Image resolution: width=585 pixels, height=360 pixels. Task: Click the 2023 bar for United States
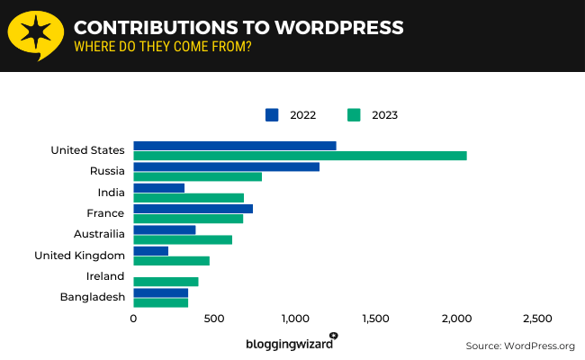coord(300,156)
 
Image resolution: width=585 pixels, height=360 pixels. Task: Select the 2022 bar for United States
coord(234,146)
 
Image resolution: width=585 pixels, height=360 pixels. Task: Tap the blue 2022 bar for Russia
coord(226,166)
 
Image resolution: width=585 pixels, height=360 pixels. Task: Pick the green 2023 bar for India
coord(188,197)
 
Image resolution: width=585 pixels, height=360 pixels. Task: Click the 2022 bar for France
coord(193,209)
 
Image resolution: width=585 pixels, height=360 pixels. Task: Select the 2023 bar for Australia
coord(183,239)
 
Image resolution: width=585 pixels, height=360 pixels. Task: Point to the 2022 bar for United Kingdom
coord(150,250)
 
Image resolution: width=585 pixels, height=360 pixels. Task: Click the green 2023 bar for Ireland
coord(166,282)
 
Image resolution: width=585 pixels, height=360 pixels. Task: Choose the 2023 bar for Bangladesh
coord(160,302)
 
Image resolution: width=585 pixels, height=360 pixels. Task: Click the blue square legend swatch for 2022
coord(273,114)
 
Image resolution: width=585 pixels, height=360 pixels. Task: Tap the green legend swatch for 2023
coord(354,114)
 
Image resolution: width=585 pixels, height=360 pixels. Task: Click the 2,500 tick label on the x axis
coord(537,319)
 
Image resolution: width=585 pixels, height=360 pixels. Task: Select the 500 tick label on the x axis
coord(214,319)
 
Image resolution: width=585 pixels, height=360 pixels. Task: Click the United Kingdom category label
coord(79,256)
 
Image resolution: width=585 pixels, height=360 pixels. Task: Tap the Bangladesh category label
coord(92,297)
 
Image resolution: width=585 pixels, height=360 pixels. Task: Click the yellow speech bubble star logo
coord(35,35)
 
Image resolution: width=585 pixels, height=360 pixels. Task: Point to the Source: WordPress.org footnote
coord(519,346)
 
